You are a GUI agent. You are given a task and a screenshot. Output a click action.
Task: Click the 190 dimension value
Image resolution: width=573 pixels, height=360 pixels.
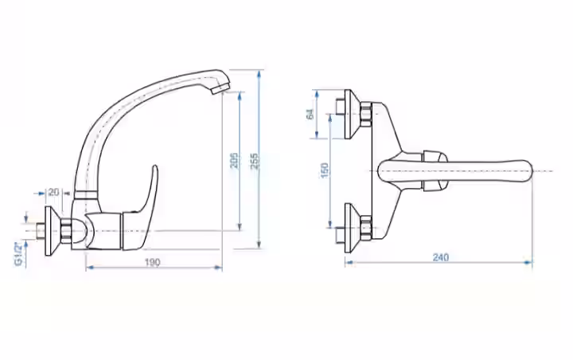tap(152, 262)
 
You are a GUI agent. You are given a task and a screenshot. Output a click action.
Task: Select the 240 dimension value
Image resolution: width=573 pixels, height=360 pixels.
tap(441, 257)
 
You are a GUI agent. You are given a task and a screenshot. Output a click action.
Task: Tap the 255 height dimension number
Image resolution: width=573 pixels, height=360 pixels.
tap(255, 161)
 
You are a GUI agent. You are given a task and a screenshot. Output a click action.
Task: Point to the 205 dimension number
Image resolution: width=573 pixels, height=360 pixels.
tap(234, 161)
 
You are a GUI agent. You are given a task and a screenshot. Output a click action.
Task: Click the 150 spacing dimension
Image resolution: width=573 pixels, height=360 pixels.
tap(325, 170)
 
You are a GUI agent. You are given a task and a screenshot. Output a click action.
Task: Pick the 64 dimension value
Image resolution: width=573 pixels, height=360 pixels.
tap(310, 114)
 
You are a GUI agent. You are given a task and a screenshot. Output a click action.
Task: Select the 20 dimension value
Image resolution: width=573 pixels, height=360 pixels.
tap(54, 192)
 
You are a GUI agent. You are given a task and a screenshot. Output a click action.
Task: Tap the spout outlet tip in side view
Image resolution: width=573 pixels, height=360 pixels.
tap(220, 88)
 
